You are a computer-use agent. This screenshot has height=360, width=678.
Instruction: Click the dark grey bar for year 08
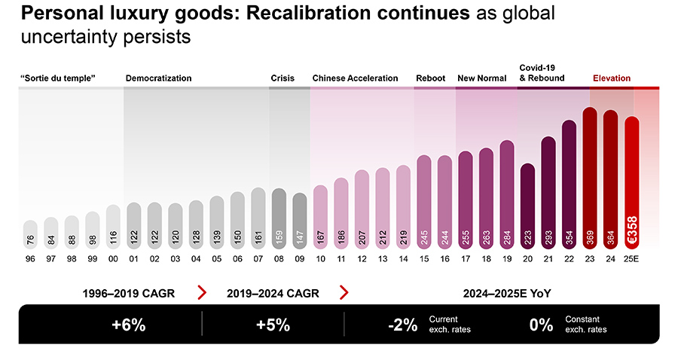click(x=279, y=215)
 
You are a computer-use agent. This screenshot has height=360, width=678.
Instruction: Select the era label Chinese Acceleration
click(x=355, y=78)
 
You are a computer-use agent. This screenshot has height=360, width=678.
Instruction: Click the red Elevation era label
click(x=612, y=78)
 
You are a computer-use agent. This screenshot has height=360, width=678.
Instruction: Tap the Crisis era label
click(x=282, y=78)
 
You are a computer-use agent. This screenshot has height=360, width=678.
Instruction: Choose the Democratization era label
click(x=158, y=78)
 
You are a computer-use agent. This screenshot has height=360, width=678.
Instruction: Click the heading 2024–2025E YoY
click(x=502, y=292)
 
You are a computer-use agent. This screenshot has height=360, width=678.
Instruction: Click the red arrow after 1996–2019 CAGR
click(x=201, y=292)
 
